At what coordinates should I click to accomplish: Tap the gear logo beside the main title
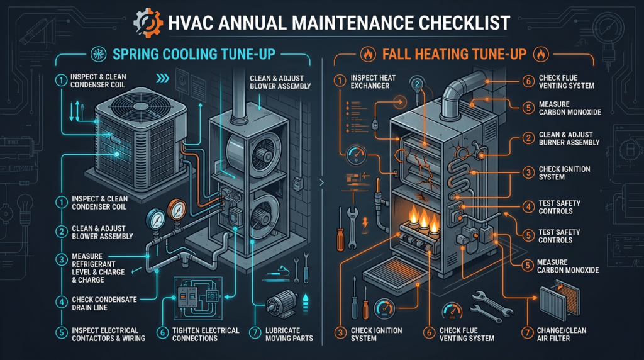pos(150,24)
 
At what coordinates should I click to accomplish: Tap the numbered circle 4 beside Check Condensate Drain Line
pos(61,303)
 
